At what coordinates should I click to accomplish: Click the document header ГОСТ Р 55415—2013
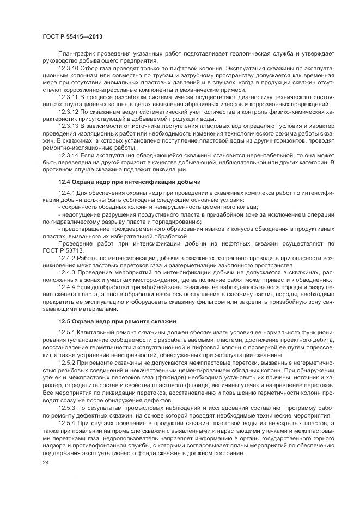click(72, 36)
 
